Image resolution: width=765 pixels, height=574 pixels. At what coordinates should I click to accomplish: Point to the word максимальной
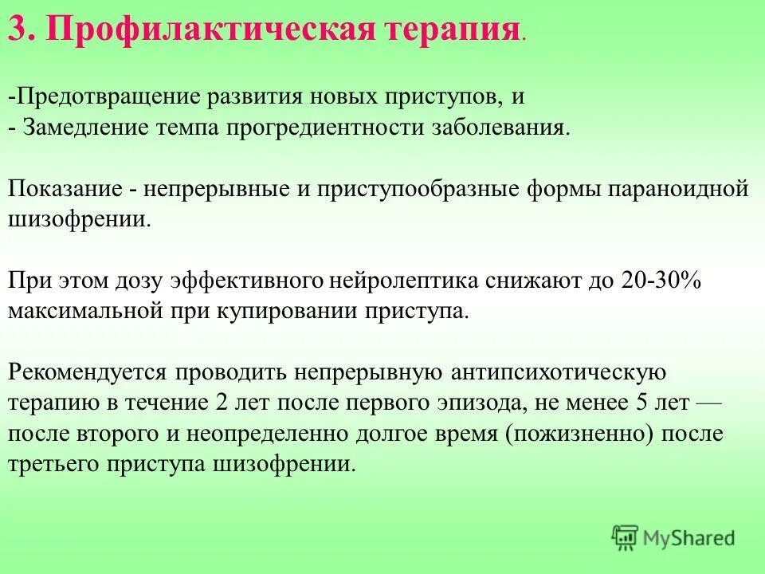click(x=85, y=311)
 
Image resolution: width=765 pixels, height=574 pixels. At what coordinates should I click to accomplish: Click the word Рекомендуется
click(x=88, y=372)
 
